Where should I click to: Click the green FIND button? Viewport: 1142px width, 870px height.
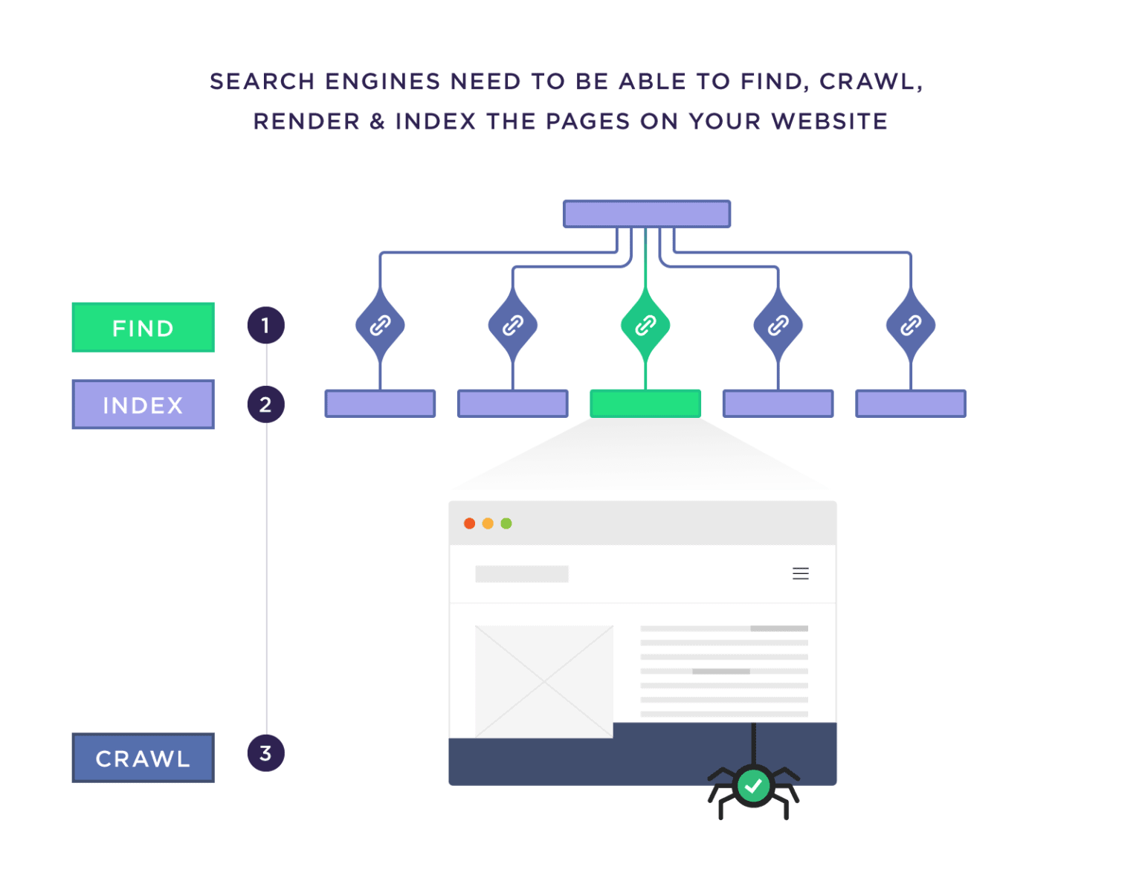tap(143, 327)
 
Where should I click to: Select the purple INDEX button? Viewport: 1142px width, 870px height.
tap(143, 405)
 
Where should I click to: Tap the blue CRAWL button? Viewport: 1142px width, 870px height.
tap(143, 758)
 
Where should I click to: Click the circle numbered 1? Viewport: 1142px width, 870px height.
tap(265, 326)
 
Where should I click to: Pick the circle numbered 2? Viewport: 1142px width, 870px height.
tap(265, 405)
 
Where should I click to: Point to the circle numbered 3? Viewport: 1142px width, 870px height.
tap(265, 753)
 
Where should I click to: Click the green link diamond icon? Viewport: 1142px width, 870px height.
tap(645, 325)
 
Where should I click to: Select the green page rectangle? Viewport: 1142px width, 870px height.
tap(645, 404)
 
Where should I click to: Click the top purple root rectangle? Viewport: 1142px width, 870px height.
tap(646, 214)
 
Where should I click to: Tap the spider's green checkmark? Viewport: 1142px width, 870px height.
tap(753, 785)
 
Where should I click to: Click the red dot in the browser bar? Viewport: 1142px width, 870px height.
tap(469, 523)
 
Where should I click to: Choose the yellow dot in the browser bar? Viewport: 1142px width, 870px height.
tap(488, 523)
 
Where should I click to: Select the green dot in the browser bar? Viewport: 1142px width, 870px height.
tap(506, 523)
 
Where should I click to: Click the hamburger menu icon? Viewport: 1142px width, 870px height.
tap(800, 573)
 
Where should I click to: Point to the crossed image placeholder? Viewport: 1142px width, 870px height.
tap(543, 681)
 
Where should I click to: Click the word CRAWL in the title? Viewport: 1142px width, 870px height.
tap(866, 81)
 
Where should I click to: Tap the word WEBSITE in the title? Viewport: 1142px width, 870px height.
tap(829, 121)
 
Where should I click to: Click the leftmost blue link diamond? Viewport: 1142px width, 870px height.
tap(380, 325)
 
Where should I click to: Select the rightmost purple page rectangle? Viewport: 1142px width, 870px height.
tap(910, 404)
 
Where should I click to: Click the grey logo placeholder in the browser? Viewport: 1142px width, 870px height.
tap(521, 573)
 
